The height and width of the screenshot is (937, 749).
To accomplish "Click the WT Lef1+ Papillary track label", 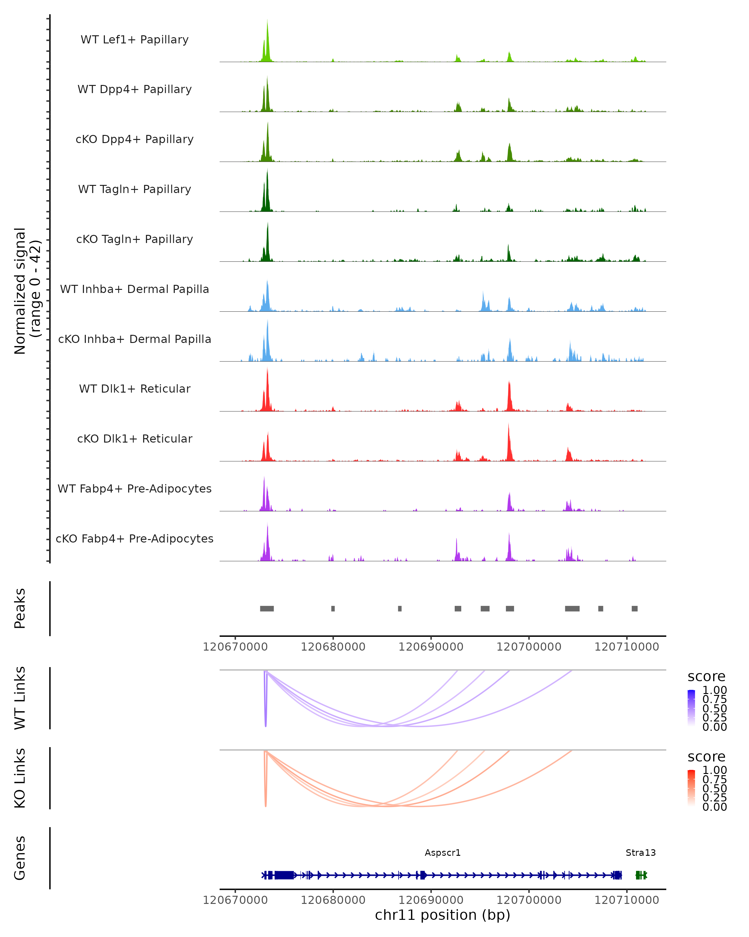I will pyautogui.click(x=135, y=40).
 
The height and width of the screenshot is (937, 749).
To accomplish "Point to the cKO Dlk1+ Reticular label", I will pyautogui.click(x=135, y=439).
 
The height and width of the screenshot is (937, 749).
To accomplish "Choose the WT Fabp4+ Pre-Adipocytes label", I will pyautogui.click(x=135, y=488).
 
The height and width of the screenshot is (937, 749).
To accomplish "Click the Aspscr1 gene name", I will pyautogui.click(x=443, y=853).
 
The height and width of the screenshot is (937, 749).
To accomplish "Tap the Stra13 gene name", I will pyautogui.click(x=640, y=853).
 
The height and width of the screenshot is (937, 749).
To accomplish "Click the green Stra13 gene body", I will pyautogui.click(x=641, y=875).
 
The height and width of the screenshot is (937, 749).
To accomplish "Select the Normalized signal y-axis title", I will pyautogui.click(x=27, y=291).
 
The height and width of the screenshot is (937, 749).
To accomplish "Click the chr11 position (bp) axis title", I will pyautogui.click(x=443, y=915).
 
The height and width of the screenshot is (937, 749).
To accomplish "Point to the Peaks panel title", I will pyautogui.click(x=20, y=608).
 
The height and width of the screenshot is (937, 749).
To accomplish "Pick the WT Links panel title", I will pyautogui.click(x=20, y=698).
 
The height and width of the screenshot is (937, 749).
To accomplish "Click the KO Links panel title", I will pyautogui.click(x=20, y=778).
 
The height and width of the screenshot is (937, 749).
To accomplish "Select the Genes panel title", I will pyautogui.click(x=20, y=858).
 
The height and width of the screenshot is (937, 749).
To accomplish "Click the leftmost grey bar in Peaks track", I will pyautogui.click(x=267, y=608).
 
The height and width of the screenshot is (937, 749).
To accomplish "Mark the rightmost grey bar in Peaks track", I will pyautogui.click(x=634, y=608).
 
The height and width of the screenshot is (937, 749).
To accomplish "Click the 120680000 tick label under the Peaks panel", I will pyautogui.click(x=333, y=647).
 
